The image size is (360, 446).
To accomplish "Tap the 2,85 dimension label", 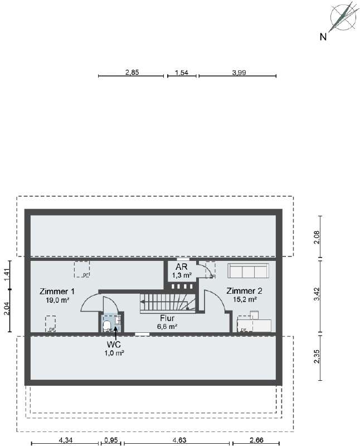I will pos(132,72).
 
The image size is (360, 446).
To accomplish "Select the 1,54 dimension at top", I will pos(182,72).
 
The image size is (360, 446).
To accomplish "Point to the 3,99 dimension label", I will pos(237,72).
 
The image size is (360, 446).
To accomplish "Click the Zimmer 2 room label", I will pos(244,291).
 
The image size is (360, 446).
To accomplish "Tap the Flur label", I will pos(167,318).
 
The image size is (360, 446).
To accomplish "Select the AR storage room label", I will pos(182,267).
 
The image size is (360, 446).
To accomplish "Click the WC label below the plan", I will pos(114,345).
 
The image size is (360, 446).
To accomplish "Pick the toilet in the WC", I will pos(107,324).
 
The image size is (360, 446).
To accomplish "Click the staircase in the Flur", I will pos(168,304).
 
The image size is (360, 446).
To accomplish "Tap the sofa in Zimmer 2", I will pos(249,272).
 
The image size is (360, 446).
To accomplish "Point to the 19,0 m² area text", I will pos(57,300).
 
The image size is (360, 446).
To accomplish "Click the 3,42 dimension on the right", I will pos(317,296).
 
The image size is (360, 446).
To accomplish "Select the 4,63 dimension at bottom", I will pos(179,440).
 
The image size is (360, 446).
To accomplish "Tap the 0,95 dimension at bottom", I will pos(111,440).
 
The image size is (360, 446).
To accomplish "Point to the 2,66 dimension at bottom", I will pos(257,440).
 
